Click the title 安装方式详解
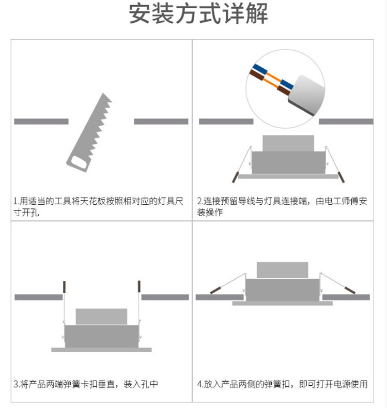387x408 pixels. click(x=198, y=13)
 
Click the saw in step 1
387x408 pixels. click(x=90, y=133)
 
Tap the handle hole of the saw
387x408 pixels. click(x=79, y=162)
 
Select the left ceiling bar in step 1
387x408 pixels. click(x=41, y=122)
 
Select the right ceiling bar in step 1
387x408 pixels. click(x=161, y=122)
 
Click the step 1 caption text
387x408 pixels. click(x=99, y=207)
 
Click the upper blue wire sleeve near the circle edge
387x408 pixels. click(x=260, y=69)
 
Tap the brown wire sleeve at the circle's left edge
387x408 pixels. click(x=257, y=75)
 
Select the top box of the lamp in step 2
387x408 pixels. click(x=288, y=143)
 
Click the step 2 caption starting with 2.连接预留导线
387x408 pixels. click(x=282, y=207)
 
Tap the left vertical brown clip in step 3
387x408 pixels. click(x=64, y=286)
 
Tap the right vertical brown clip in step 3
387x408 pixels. click(x=139, y=286)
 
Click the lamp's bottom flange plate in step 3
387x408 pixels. click(x=101, y=350)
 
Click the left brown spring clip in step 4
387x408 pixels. click(x=215, y=290)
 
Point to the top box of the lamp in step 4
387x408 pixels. click(x=283, y=270)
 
